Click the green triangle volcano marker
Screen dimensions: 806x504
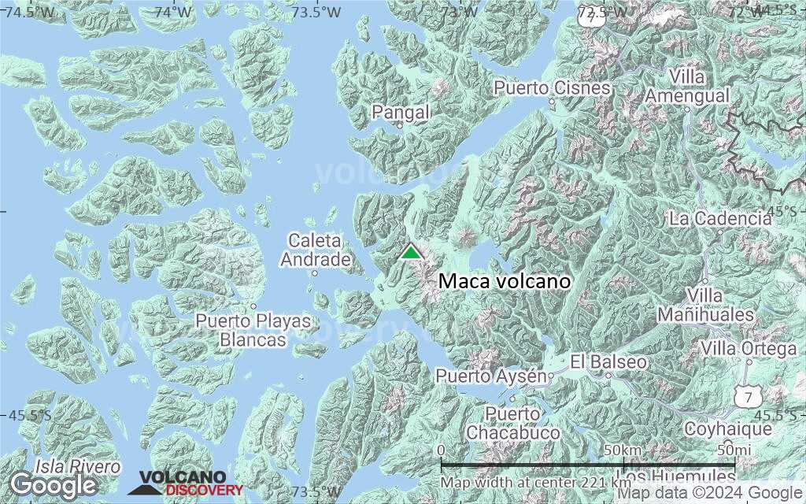coord(410,252)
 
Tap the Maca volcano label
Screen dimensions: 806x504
coord(504,281)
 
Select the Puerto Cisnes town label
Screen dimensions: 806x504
coord(553,87)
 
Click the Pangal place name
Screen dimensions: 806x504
coord(401,113)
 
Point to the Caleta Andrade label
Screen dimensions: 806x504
coord(315,250)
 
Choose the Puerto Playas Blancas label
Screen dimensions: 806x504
coord(253,331)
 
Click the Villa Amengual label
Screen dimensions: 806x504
coord(687,87)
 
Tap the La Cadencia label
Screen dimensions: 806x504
coord(720,218)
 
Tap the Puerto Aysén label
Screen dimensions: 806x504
coord(491,376)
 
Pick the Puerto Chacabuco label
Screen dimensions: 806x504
coord(512,423)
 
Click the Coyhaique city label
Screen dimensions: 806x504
coord(728,429)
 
